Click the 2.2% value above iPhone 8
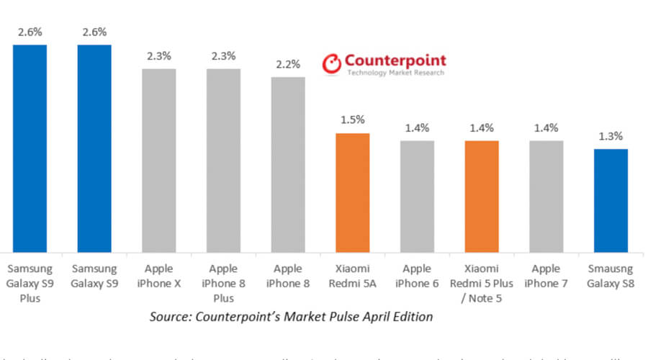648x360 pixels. (288, 64)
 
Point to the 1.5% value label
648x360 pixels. (352, 120)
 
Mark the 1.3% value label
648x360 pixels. (611, 136)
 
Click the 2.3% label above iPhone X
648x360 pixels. (159, 56)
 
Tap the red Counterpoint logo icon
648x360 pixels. (331, 64)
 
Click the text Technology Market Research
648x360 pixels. (395, 73)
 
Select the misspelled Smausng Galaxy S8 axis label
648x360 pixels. (611, 276)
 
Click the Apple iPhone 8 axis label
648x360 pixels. (288, 276)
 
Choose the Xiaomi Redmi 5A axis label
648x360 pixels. (352, 276)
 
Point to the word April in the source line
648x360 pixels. (373, 317)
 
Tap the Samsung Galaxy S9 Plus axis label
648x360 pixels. (30, 283)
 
